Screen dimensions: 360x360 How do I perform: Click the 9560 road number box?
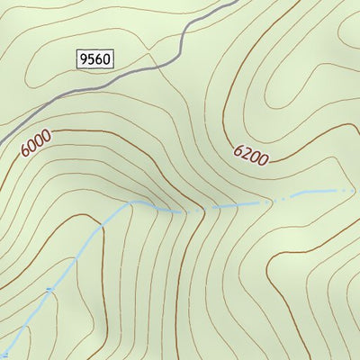[x=94, y=59]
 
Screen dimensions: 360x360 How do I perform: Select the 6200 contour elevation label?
[x=251, y=155]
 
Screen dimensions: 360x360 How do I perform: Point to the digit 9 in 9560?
[x=84, y=59]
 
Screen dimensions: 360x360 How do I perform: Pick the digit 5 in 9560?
[x=91, y=59]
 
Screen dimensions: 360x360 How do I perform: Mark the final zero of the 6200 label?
[x=263, y=161]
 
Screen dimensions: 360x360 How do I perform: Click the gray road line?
[x=135, y=76]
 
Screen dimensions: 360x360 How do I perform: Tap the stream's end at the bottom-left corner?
[x=3, y=355]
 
